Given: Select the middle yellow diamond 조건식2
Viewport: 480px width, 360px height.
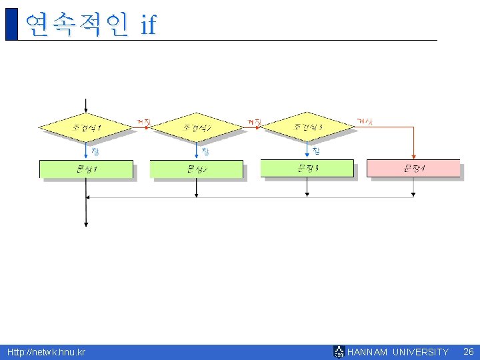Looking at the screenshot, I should [196, 127].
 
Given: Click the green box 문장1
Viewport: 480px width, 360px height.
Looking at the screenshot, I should [86, 169].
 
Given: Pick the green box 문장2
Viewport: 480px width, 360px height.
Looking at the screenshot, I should [196, 169].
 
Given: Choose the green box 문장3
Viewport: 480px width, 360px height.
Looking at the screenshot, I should [307, 168].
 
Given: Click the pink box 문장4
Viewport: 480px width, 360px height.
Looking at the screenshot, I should [413, 168].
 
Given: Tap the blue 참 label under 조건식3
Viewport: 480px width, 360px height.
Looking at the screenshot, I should [316, 151].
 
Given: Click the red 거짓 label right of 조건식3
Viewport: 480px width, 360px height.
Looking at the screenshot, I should [365, 121].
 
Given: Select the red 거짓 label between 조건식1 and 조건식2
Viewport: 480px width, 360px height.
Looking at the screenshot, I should [143, 122].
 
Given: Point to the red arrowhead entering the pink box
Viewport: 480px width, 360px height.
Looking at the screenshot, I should [413, 157].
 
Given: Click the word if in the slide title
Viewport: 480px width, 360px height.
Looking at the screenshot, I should [148, 25].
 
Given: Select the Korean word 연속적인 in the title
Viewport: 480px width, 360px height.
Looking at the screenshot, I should [75, 25].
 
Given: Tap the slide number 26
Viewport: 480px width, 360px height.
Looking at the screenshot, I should [468, 351].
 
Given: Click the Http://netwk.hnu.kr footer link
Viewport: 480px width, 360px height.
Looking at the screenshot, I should [46, 352].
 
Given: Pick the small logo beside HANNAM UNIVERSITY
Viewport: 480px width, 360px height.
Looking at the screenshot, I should [339, 351].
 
